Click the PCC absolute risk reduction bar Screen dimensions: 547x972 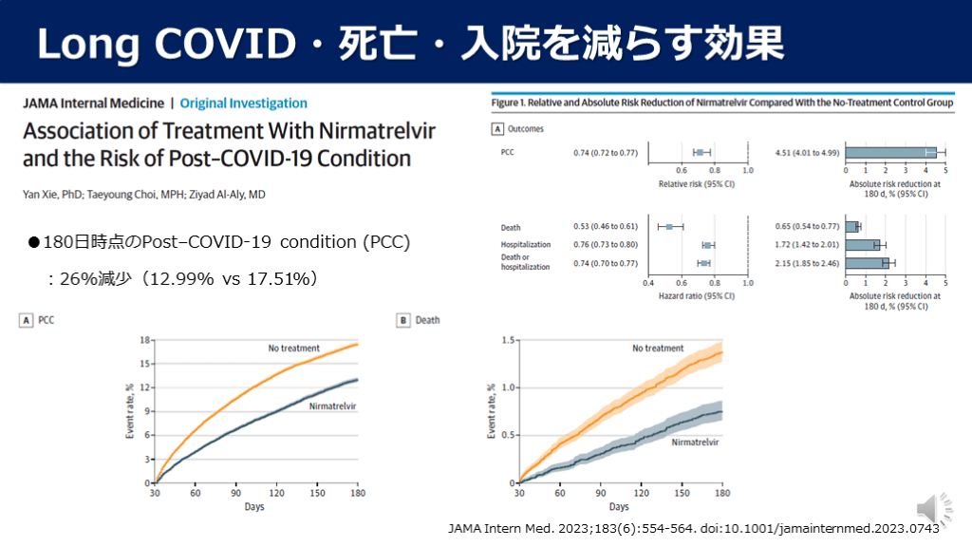[x=890, y=152]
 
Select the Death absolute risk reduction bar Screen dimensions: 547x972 [x=851, y=227]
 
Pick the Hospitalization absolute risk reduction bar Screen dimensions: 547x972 [x=863, y=245]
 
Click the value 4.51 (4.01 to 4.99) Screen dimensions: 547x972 [x=807, y=152]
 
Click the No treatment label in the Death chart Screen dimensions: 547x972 [x=658, y=349]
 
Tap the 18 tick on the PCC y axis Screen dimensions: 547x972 [x=145, y=340]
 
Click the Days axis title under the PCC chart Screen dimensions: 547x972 [x=253, y=506]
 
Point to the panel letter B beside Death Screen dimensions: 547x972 [x=402, y=320]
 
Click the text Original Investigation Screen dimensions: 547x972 [x=244, y=104]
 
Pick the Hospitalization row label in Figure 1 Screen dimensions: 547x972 [x=526, y=245]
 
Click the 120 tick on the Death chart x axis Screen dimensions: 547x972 [x=641, y=494]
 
